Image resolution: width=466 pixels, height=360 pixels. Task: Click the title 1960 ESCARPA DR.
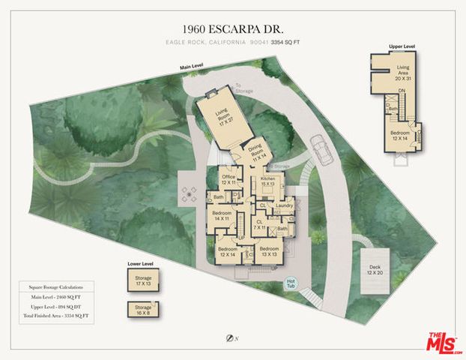232,28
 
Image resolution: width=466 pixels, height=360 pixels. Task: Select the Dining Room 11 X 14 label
258,152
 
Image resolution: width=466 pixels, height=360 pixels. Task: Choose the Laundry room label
284,205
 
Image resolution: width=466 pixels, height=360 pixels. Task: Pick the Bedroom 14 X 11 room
222,216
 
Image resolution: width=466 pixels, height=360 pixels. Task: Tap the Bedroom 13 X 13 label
269,250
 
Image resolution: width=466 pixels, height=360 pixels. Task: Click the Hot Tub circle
292,283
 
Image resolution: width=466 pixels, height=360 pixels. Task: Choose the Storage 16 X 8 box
143,309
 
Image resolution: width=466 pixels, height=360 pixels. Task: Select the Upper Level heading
402,46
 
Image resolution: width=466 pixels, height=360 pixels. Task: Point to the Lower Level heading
140,264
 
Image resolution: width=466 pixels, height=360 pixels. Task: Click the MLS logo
444,343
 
